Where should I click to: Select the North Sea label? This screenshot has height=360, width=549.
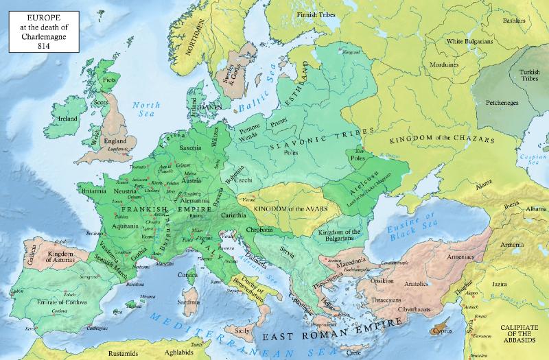pyautogui.click(x=146, y=110)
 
